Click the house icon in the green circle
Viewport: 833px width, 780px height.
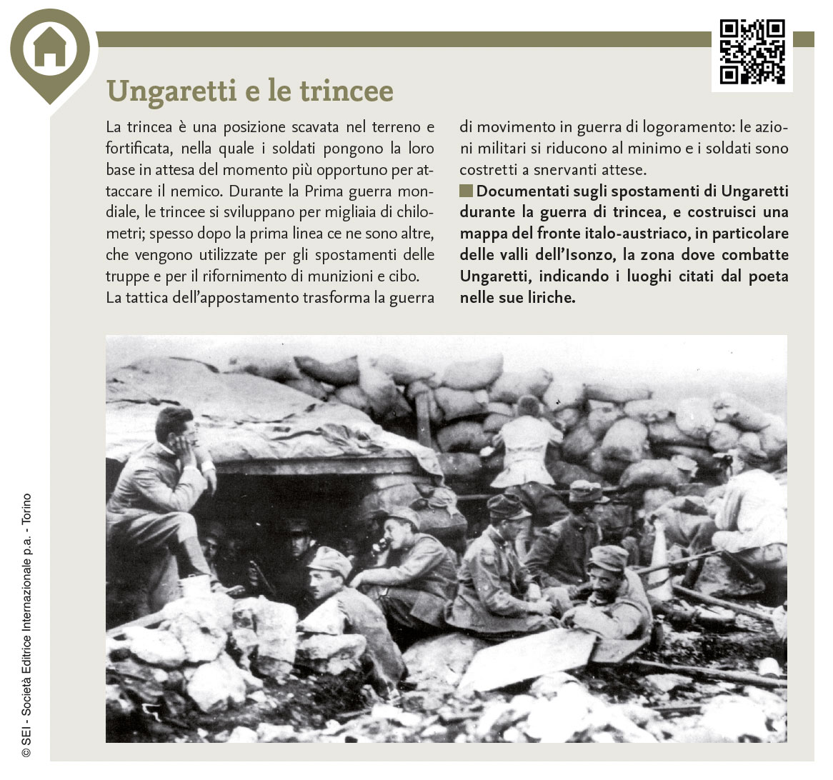point(49,48)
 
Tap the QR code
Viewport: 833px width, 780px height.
point(752,52)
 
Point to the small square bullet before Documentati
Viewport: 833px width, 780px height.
point(466,191)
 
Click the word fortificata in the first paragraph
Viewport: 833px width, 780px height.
point(138,149)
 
